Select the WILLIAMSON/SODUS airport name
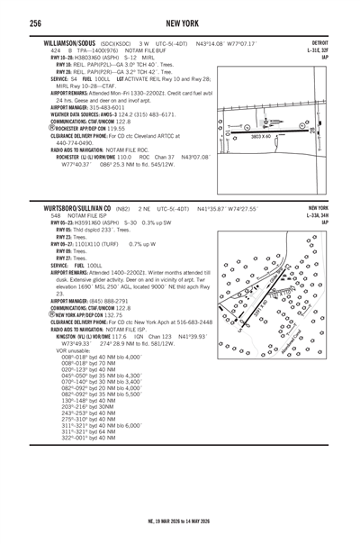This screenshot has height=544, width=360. [60, 43]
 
